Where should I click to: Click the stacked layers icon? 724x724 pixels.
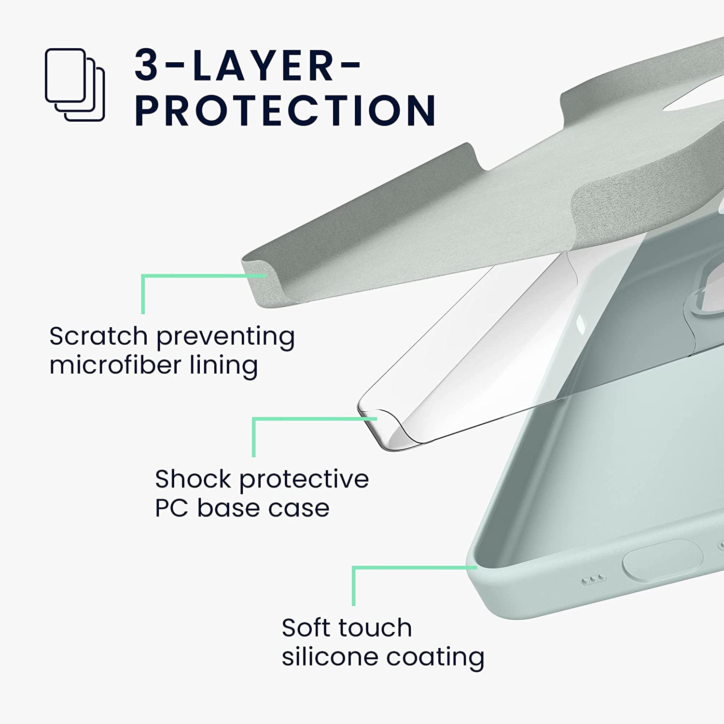[75, 85]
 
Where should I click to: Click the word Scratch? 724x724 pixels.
[98, 336]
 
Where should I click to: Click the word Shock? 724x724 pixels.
[193, 479]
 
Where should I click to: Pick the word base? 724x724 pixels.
[225, 508]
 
